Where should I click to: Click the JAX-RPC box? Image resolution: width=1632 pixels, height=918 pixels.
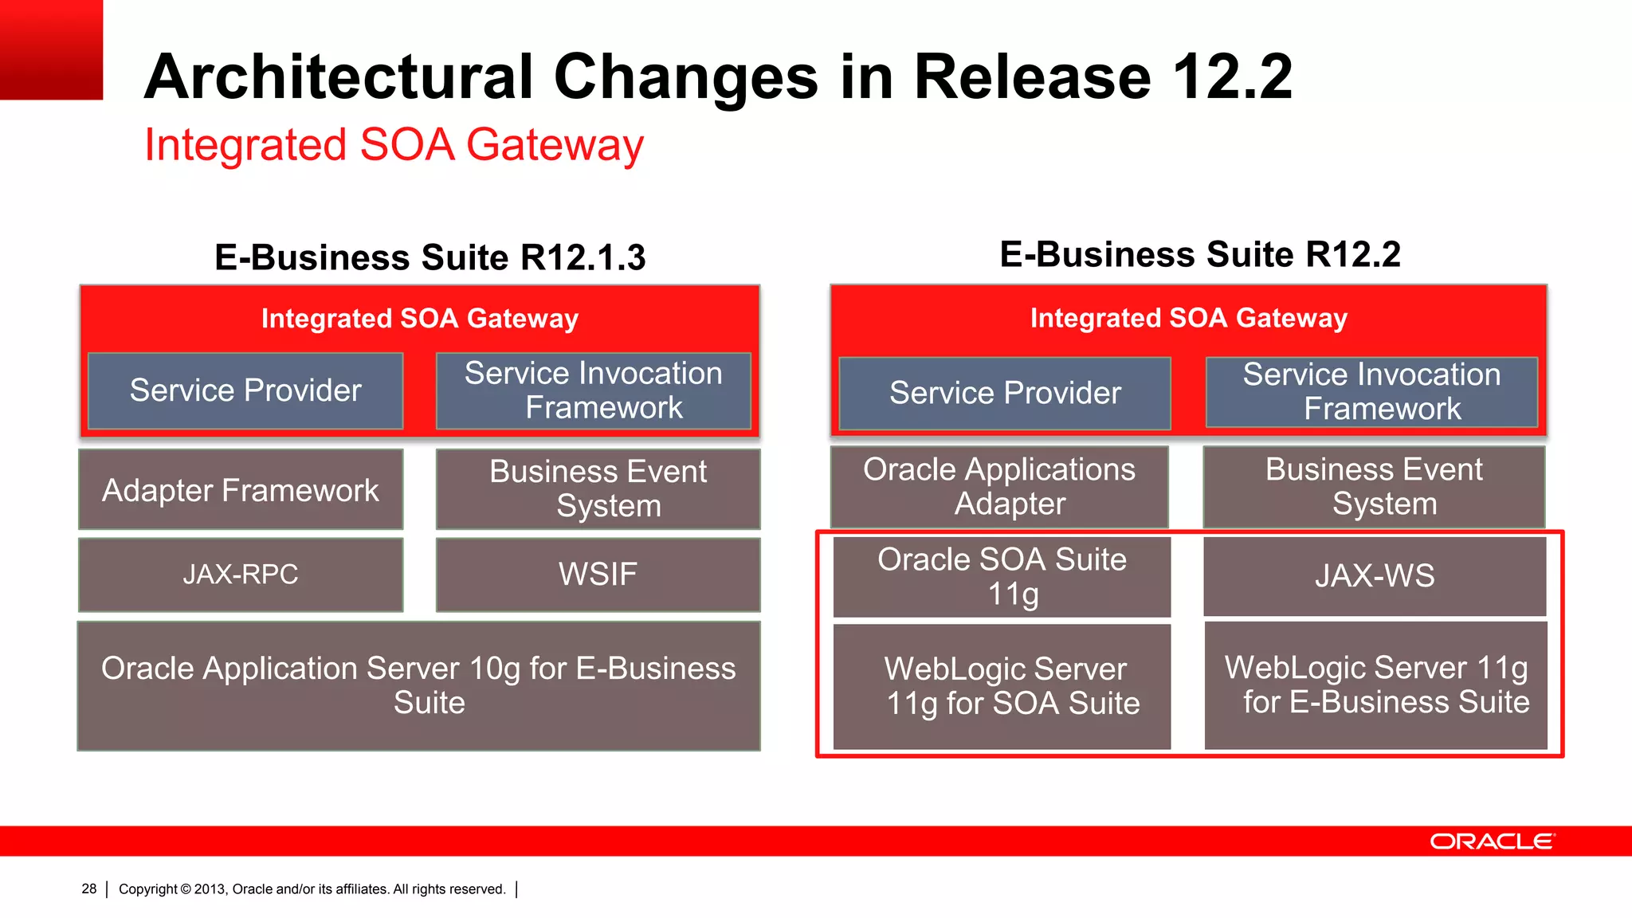[x=241, y=575]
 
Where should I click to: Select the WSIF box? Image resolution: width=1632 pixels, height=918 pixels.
[x=598, y=575]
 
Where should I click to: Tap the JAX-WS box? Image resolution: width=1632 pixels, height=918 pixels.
[x=1375, y=576]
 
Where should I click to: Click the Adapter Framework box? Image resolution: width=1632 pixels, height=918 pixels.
[x=241, y=489]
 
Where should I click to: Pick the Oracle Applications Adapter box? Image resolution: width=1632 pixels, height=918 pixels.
[x=999, y=486]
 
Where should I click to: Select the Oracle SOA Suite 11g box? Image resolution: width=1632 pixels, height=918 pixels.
[x=1002, y=576]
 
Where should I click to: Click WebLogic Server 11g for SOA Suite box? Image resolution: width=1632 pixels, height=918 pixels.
[x=1002, y=686]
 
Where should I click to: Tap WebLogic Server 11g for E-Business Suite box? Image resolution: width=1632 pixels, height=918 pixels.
[x=1376, y=685]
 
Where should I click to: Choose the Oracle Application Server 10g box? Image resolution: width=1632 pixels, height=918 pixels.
[x=419, y=685]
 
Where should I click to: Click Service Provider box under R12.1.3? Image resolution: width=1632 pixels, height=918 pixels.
[x=245, y=390]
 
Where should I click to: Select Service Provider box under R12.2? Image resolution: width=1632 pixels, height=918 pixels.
[x=1005, y=393]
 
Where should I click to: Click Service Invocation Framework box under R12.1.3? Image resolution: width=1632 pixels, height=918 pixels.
[x=594, y=390]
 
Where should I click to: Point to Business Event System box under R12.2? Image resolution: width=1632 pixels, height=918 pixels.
[x=1374, y=486]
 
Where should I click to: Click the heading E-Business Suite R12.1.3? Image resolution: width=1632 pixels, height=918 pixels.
[x=430, y=257]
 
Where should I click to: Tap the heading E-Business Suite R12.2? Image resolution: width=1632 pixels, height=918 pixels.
[x=1199, y=255]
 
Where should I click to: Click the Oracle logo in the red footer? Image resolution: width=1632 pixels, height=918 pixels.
[x=1492, y=841]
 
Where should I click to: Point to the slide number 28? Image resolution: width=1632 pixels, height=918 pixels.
[x=88, y=889]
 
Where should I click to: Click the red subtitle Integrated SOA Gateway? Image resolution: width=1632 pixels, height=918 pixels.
[x=394, y=145]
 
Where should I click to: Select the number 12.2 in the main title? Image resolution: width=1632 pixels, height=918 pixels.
[x=1232, y=76]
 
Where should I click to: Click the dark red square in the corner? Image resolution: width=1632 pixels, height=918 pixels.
[x=51, y=49]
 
